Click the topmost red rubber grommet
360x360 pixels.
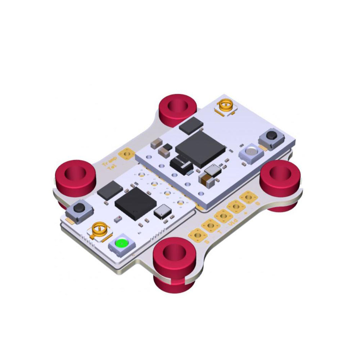point(178,108)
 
